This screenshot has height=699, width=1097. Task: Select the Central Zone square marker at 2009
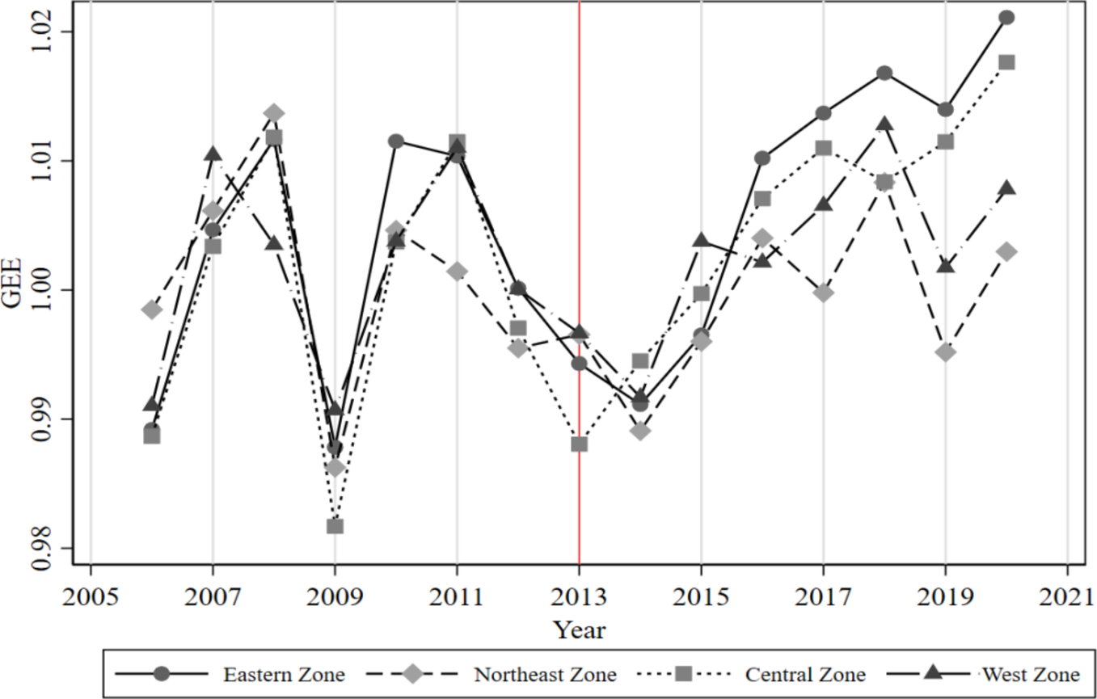tap(335, 526)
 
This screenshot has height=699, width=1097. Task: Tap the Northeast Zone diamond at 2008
tap(274, 112)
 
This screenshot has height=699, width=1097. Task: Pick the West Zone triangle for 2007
tap(213, 154)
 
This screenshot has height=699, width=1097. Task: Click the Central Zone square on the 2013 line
tap(579, 444)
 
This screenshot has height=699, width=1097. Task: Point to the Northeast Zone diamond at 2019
tap(945, 352)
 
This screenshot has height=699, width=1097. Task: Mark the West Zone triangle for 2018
tap(884, 124)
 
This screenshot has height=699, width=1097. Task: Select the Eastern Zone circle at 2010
tap(395, 141)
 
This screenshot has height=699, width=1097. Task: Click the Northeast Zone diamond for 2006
tap(152, 309)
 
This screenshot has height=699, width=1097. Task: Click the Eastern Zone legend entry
tap(284, 674)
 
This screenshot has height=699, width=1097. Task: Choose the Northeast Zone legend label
tap(545, 674)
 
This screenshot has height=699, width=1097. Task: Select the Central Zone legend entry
tap(805, 674)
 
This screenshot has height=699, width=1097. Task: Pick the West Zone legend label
tap(1030, 674)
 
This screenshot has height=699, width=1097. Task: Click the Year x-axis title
tap(579, 630)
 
